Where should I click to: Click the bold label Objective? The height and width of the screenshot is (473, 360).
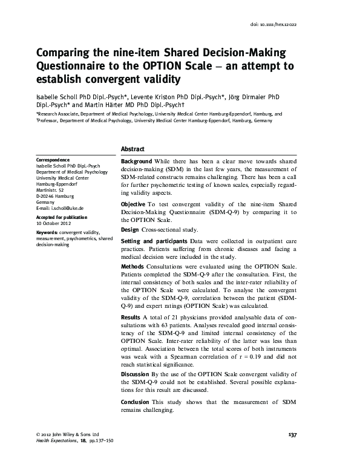click(133, 206)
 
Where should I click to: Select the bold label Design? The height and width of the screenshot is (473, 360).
click(131, 230)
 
